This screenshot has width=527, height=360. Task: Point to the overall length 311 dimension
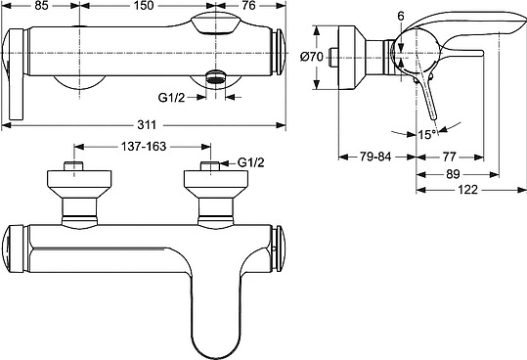click(x=146, y=125)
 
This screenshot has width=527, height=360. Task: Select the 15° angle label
click(x=426, y=136)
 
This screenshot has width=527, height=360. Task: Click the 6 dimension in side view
click(x=400, y=15)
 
